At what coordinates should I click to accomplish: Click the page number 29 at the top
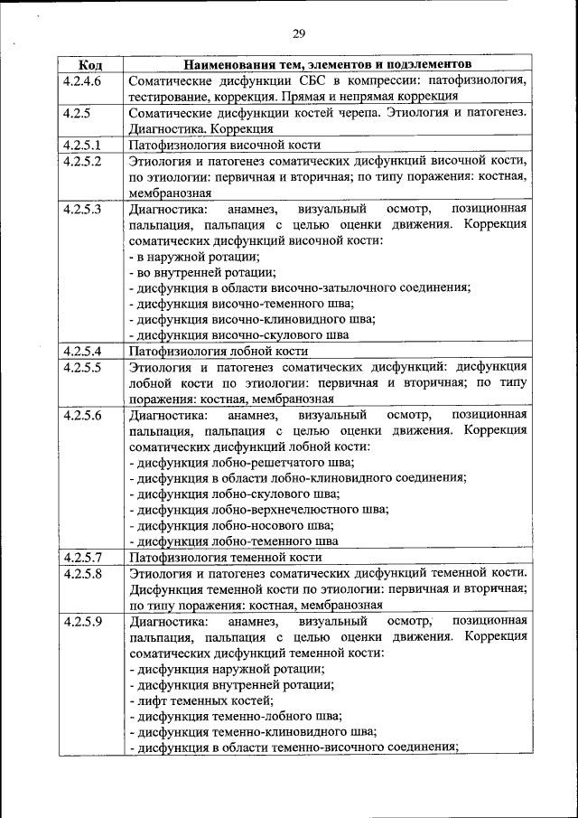tap(299, 34)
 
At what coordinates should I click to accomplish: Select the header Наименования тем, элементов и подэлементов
tap(327, 66)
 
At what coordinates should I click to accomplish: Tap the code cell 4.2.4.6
tap(82, 81)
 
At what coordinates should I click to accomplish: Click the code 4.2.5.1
tap(82, 145)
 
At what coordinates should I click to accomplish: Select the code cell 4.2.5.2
tap(82, 161)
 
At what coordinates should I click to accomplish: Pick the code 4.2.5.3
tap(82, 209)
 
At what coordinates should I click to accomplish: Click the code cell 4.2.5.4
tap(82, 351)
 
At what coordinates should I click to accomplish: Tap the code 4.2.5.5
tap(82, 367)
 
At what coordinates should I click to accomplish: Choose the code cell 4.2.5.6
tap(82, 415)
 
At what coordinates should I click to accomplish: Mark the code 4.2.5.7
tap(82, 557)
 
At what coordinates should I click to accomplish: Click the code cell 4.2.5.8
tap(82, 573)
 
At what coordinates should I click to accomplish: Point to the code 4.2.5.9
tap(82, 621)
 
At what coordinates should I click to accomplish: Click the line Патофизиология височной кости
tap(225, 145)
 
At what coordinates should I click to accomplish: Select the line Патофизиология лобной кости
tap(219, 351)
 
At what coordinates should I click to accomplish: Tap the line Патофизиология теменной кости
tap(226, 557)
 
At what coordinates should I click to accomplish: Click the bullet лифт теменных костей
tap(201, 700)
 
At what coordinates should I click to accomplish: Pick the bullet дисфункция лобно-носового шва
tap(232, 525)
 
